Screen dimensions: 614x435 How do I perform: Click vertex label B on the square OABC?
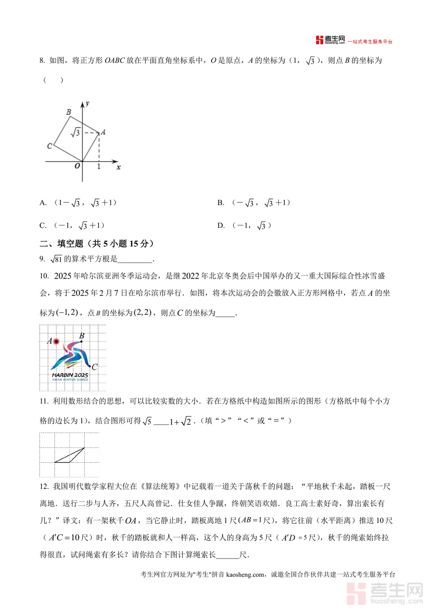pyautogui.click(x=69, y=112)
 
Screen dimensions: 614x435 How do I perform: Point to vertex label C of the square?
pyautogui.click(x=49, y=146)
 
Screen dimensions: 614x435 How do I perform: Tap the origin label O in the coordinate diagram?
pyautogui.click(x=77, y=166)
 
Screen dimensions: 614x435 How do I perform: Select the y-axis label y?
pyautogui.click(x=87, y=103)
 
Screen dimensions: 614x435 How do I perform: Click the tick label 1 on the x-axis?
pyautogui.click(x=99, y=166)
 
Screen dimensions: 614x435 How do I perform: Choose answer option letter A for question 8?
pyautogui.click(x=43, y=203)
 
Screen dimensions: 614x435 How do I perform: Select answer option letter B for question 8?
pyautogui.click(x=220, y=203)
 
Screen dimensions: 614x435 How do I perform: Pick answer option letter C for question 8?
pyautogui.click(x=43, y=225)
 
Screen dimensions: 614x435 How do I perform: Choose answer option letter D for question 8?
pyautogui.click(x=221, y=225)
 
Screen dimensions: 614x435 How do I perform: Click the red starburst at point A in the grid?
pyautogui.click(x=56, y=341)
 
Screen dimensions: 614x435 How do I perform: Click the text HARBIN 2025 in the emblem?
pyautogui.click(x=70, y=375)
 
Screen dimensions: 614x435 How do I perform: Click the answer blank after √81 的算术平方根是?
pyautogui.click(x=135, y=259)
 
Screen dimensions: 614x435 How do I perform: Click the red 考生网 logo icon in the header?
pyautogui.click(x=319, y=40)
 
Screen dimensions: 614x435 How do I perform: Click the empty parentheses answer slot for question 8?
pyautogui.click(x=53, y=80)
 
